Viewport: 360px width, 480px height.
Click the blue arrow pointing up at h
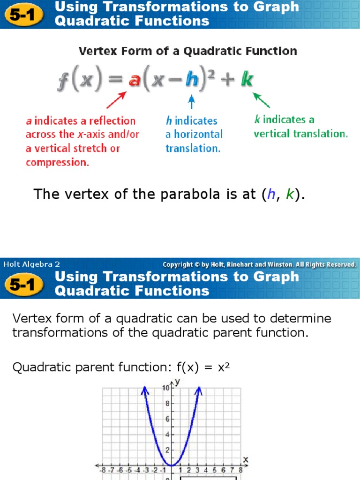(x=191, y=102)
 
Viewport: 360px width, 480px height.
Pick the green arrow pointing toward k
(x=262, y=100)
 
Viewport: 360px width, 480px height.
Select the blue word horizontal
(x=198, y=134)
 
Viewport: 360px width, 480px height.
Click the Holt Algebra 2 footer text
(x=31, y=264)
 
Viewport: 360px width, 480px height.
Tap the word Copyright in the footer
(x=178, y=264)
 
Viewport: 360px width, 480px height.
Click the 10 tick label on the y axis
(x=166, y=388)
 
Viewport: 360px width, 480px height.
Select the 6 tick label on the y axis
(x=167, y=420)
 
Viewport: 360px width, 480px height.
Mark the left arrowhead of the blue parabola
(x=145, y=389)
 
